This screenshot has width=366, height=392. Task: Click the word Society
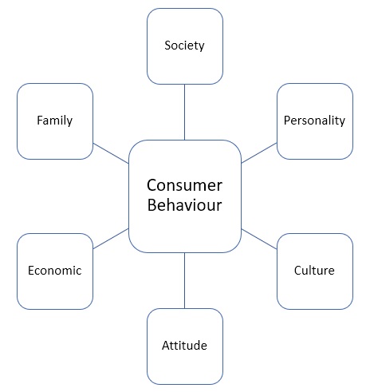click(184, 46)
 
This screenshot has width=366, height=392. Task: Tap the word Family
click(54, 121)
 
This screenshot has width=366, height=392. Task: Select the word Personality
click(314, 121)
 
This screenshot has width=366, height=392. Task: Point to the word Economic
click(55, 271)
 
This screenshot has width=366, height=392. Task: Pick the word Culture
click(314, 271)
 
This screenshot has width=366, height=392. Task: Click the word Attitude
click(184, 346)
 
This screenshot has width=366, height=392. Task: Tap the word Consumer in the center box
click(184, 185)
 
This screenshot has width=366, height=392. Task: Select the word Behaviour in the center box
click(184, 205)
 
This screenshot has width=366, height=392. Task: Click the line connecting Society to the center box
click(184, 112)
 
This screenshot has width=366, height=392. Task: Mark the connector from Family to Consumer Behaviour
click(111, 153)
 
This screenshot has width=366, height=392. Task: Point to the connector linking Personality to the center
click(259, 153)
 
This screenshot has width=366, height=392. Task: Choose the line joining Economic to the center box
click(111, 239)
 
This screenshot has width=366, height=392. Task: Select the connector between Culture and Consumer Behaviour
click(259, 239)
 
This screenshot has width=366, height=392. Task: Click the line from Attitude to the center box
click(184, 280)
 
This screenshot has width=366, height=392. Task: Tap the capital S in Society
click(167, 46)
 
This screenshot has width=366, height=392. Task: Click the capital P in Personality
click(287, 121)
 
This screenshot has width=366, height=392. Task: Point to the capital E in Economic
click(31, 271)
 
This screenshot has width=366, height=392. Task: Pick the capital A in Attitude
click(166, 346)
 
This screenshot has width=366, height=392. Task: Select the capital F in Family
click(40, 121)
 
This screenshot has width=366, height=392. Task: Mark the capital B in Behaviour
click(152, 205)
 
